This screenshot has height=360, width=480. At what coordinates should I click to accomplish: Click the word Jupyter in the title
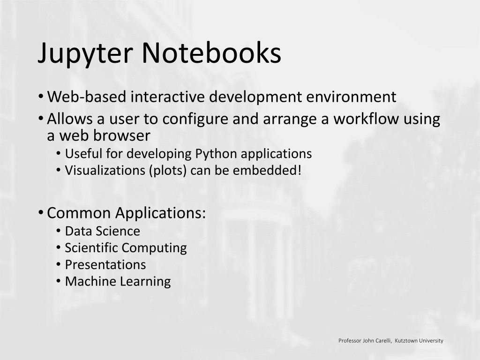pos(85,54)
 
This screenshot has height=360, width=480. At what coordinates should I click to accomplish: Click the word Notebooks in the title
pos(211,52)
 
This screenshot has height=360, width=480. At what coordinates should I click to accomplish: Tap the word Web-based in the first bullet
pos(87,97)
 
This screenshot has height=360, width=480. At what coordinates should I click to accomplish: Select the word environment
pos(351,97)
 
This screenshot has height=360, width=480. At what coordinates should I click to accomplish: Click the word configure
pos(195,120)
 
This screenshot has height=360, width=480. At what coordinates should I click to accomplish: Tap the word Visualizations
pos(105,170)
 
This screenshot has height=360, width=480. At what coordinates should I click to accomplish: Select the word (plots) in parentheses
pos(168,171)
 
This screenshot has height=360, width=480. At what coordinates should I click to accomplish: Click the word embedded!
pos(267,170)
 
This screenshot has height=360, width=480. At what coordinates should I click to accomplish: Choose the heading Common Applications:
pos(126,213)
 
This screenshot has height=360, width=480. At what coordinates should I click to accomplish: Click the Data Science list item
pos(103,231)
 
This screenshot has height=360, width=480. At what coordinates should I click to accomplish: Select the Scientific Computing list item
pos(126,248)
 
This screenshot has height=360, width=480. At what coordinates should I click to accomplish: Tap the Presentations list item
pos(105,265)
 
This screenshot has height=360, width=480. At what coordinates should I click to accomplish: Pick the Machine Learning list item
pos(118,282)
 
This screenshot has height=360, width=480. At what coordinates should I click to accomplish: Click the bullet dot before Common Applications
pos(41,212)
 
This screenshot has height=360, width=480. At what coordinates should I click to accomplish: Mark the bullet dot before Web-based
pos(41,97)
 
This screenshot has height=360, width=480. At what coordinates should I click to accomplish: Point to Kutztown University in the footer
pos(419,340)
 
